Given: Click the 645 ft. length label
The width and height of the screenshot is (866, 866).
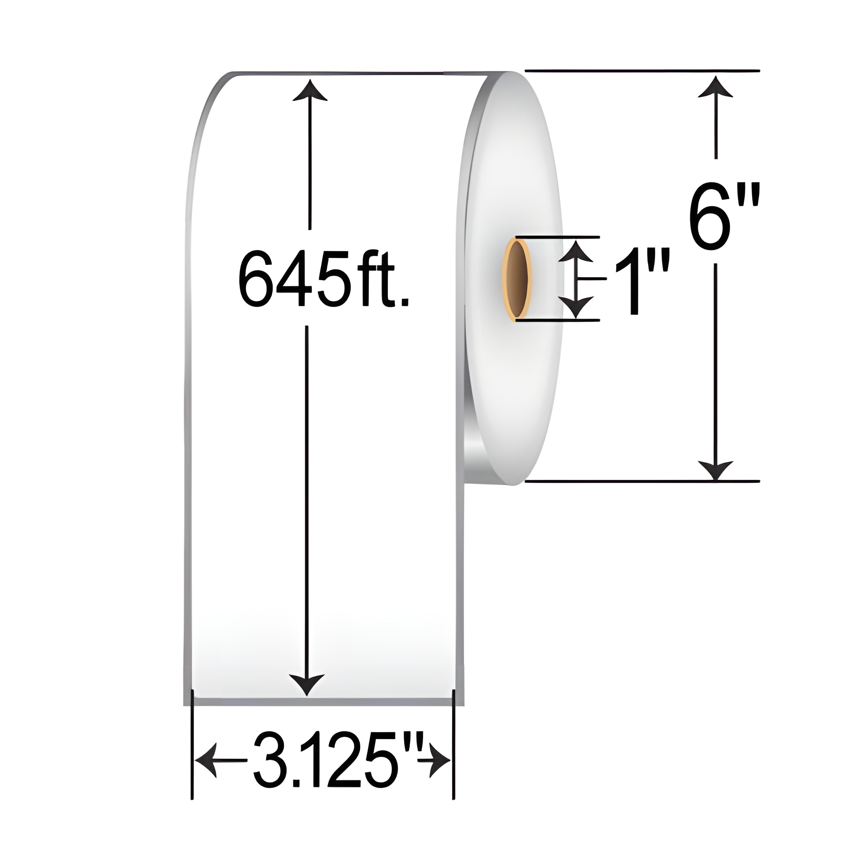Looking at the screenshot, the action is click(x=323, y=278).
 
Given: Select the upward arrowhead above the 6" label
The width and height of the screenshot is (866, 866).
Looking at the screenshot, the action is click(x=716, y=87).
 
